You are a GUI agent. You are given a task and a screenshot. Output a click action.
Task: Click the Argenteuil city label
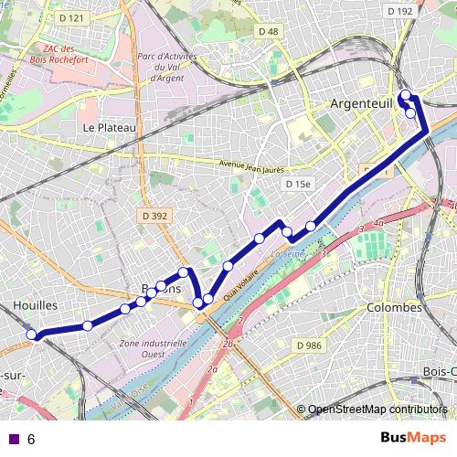[362, 105]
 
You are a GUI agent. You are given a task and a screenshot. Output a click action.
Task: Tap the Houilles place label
[37, 304]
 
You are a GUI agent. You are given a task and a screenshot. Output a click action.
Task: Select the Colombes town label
[394, 308]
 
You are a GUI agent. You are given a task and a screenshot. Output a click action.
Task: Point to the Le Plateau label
[108, 128]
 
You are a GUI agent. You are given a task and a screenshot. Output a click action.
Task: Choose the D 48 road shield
[268, 31]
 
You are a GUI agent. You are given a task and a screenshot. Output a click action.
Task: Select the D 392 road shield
[155, 217]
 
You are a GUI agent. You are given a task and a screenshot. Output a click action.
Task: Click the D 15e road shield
[298, 184]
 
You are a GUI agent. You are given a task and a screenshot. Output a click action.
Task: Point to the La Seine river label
[289, 253]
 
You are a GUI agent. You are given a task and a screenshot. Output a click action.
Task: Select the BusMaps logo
[413, 438]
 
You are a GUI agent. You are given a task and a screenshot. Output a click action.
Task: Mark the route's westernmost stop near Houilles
[32, 335]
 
